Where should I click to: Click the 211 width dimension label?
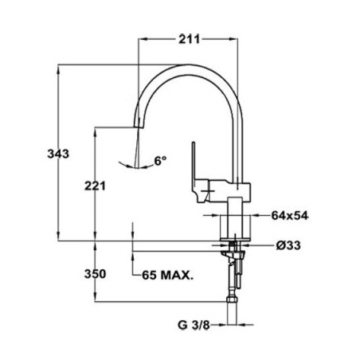pos(189,39)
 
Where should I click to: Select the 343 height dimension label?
pos(58,154)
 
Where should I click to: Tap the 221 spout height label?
pos(95,186)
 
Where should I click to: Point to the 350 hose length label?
pos(95,274)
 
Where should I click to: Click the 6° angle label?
pos(161,161)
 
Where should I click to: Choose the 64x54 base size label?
pos(290,216)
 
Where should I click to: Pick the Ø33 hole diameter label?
pos(288,245)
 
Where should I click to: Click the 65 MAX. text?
pos(168,276)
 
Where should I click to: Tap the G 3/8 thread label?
pos(194,325)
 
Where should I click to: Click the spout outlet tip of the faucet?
pos(138,127)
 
